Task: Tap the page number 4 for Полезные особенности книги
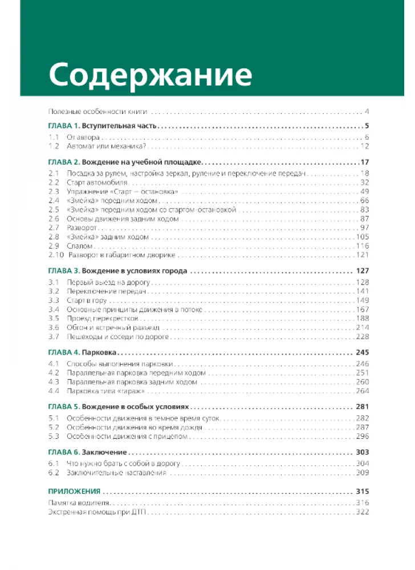tap(367, 111)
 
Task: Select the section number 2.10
tap(55, 255)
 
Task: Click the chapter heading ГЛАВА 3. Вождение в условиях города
tap(116, 271)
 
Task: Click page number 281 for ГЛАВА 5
tap(362, 407)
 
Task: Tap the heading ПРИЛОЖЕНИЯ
tap(74, 491)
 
